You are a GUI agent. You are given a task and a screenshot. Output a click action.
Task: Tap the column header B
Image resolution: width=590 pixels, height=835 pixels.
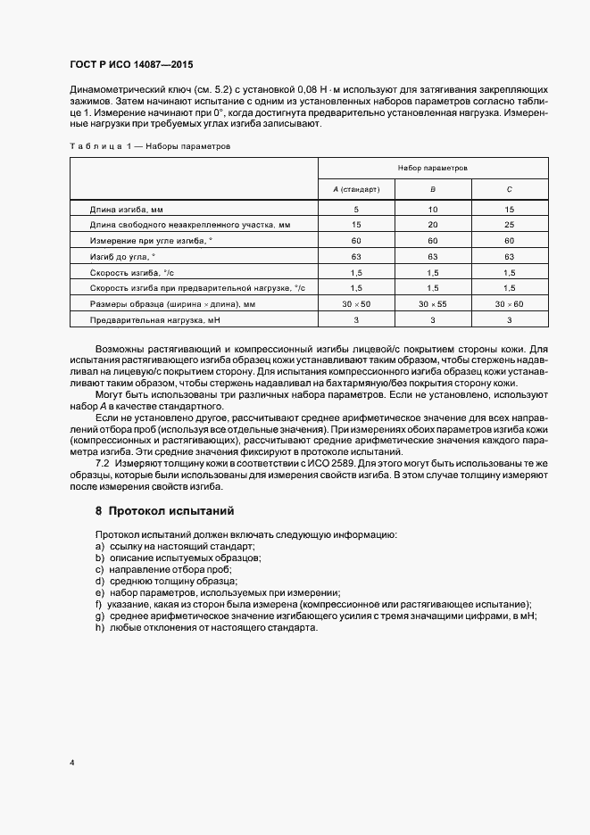coord(432,189)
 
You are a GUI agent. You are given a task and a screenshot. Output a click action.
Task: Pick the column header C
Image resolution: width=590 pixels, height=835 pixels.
coord(508,189)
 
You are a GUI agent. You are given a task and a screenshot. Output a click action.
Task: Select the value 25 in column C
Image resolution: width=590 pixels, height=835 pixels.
coord(509,225)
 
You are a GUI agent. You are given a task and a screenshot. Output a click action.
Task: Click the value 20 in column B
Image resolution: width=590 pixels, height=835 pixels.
coord(432,225)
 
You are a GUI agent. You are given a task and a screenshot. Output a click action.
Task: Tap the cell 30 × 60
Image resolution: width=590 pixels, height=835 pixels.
coord(509,304)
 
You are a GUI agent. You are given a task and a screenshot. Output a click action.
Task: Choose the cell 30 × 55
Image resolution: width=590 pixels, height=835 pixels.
coord(432,304)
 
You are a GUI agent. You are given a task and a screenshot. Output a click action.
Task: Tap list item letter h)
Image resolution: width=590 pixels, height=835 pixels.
coord(99,628)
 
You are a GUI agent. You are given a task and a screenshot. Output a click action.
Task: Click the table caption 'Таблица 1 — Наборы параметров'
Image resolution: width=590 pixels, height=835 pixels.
coord(150,145)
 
